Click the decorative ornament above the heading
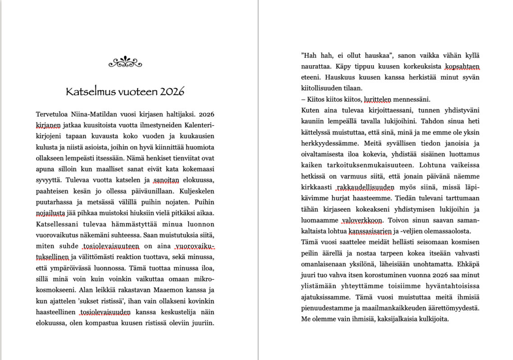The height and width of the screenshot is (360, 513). pyautogui.click(x=125, y=62)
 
